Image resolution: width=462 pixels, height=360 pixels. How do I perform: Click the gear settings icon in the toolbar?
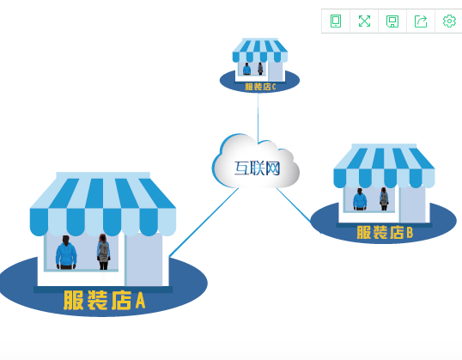(x=449, y=21)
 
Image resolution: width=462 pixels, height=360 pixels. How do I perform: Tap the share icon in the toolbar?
(x=421, y=21)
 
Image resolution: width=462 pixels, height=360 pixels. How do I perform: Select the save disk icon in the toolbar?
(x=392, y=21)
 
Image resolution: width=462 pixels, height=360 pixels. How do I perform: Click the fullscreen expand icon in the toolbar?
(x=364, y=21)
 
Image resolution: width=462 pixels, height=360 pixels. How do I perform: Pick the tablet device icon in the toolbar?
(x=336, y=21)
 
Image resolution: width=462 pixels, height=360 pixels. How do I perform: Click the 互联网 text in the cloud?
(x=257, y=168)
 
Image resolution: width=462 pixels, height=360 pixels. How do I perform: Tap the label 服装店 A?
(x=105, y=300)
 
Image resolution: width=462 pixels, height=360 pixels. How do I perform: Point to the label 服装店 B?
(x=385, y=232)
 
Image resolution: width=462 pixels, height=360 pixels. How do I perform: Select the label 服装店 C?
(x=260, y=87)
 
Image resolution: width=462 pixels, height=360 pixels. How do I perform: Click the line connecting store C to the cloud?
(x=258, y=118)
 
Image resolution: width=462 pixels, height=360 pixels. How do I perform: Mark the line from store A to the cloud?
(x=204, y=222)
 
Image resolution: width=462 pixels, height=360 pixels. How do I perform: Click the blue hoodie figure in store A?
(x=66, y=253)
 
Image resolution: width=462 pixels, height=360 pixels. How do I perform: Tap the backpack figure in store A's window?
(x=103, y=252)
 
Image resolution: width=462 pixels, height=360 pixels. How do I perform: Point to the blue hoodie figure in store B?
(x=360, y=199)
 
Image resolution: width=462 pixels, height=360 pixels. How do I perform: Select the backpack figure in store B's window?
(x=384, y=198)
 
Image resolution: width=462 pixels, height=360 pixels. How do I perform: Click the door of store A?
(x=144, y=259)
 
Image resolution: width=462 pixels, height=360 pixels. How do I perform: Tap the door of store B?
(x=413, y=204)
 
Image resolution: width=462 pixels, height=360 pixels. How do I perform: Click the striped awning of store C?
(x=260, y=50)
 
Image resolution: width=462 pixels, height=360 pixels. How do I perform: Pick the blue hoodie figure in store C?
(x=247, y=69)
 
